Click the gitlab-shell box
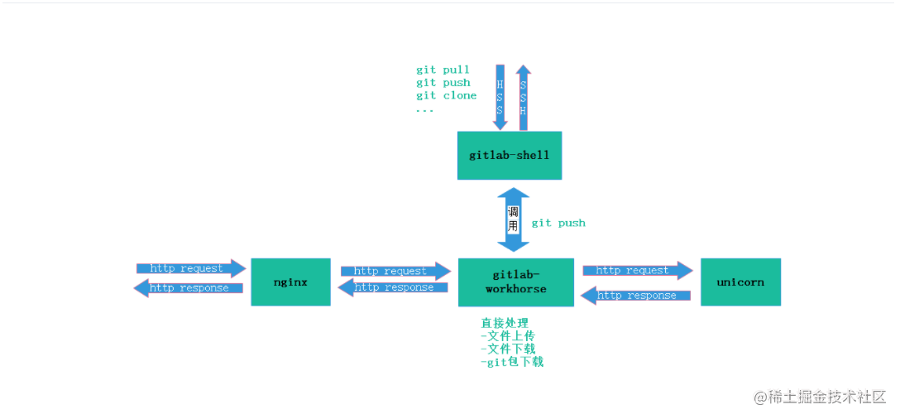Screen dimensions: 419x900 point(509,155)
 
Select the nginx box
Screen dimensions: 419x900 point(290,282)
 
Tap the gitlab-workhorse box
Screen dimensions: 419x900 point(515,282)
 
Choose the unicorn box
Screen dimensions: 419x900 point(740,282)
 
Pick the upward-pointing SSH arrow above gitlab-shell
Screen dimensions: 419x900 point(523,97)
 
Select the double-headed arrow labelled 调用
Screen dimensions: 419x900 point(513,219)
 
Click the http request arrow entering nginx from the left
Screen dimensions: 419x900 point(191,268)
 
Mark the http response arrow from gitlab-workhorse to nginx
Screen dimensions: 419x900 point(394,287)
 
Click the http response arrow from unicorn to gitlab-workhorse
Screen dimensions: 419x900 point(636,295)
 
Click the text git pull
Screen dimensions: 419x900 point(443,70)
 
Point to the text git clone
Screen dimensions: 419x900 point(446,95)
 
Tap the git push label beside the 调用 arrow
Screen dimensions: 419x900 point(558,223)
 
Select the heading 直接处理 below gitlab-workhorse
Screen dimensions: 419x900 point(505,323)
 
